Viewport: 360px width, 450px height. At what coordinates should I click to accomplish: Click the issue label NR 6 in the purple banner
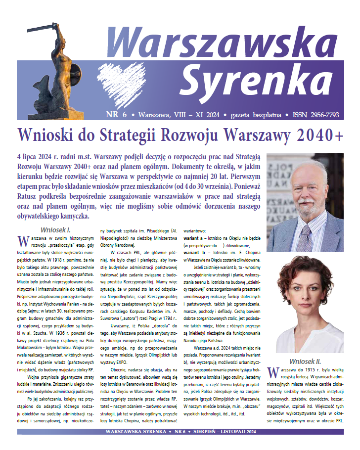click(x=117, y=115)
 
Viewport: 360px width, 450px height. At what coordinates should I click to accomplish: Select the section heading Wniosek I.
click(x=55, y=230)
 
